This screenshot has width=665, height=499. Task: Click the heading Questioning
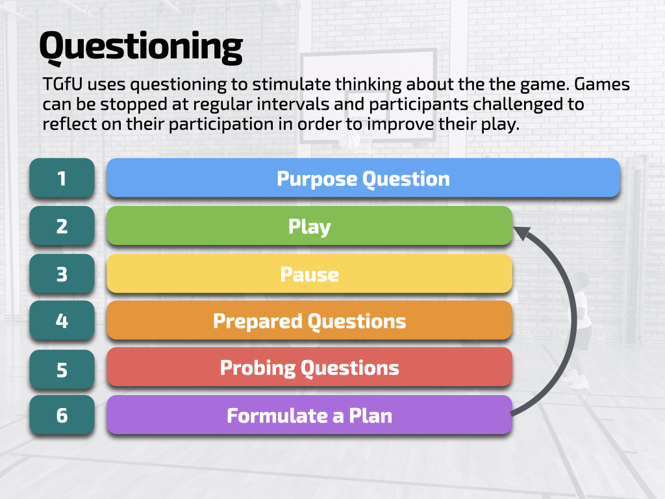[x=140, y=47]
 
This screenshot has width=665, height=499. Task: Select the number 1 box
[x=62, y=178]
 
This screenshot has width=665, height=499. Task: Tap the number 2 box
[x=62, y=225]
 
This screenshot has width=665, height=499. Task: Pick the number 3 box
[x=62, y=274]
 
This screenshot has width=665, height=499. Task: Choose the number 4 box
[x=62, y=320]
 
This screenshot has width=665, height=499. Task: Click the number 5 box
[x=62, y=369]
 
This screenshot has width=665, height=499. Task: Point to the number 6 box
[x=62, y=415]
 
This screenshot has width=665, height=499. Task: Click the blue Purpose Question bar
[x=363, y=178]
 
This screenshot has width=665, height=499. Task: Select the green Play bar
[x=309, y=226]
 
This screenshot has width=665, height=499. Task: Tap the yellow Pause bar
[x=309, y=274]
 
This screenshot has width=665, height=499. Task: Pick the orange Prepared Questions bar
[x=309, y=320]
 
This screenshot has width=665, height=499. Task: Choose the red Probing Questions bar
[x=309, y=368]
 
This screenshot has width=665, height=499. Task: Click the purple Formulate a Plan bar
[x=309, y=415]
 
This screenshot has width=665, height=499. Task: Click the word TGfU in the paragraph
[x=62, y=85]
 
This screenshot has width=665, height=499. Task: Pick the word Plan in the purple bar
[x=371, y=415]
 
